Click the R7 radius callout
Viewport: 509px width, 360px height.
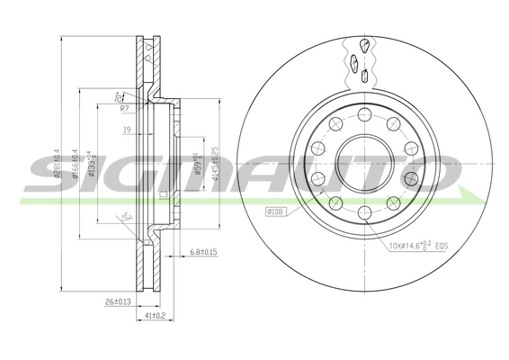(126, 108)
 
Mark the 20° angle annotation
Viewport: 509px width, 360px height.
(119, 95)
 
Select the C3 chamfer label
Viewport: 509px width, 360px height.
(163, 193)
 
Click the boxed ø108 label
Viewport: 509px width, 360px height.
(275, 212)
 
